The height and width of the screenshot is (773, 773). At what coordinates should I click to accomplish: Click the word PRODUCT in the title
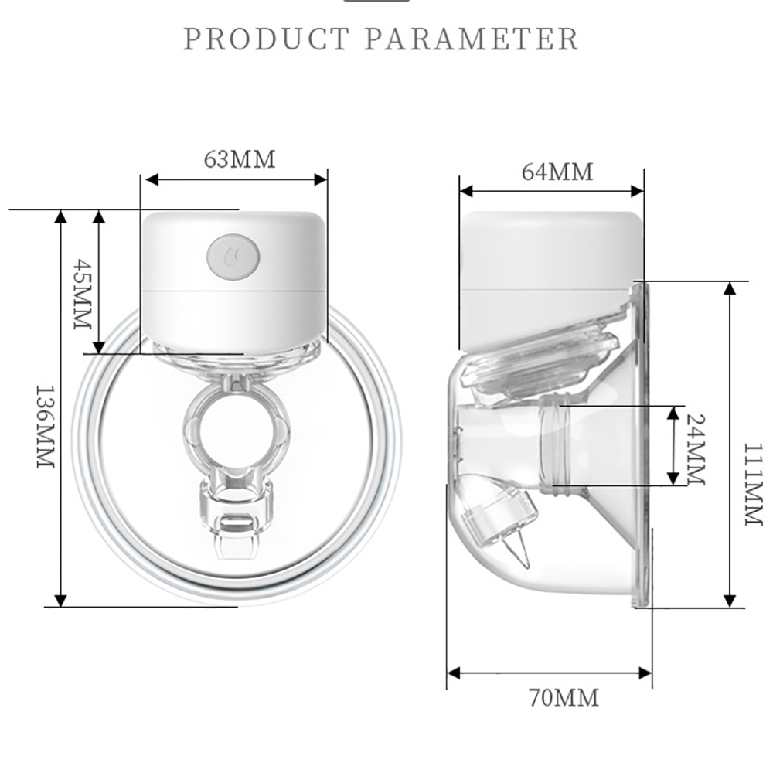(267, 39)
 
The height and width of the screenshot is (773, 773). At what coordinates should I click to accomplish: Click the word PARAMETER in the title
(471, 39)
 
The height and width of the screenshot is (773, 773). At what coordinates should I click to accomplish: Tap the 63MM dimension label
(239, 159)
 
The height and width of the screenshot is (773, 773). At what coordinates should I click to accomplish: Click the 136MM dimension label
(46, 426)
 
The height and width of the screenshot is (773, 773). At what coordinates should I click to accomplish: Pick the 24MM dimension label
(695, 448)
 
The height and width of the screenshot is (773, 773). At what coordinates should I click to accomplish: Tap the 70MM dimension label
(564, 698)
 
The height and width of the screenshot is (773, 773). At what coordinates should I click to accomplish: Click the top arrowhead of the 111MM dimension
(730, 288)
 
